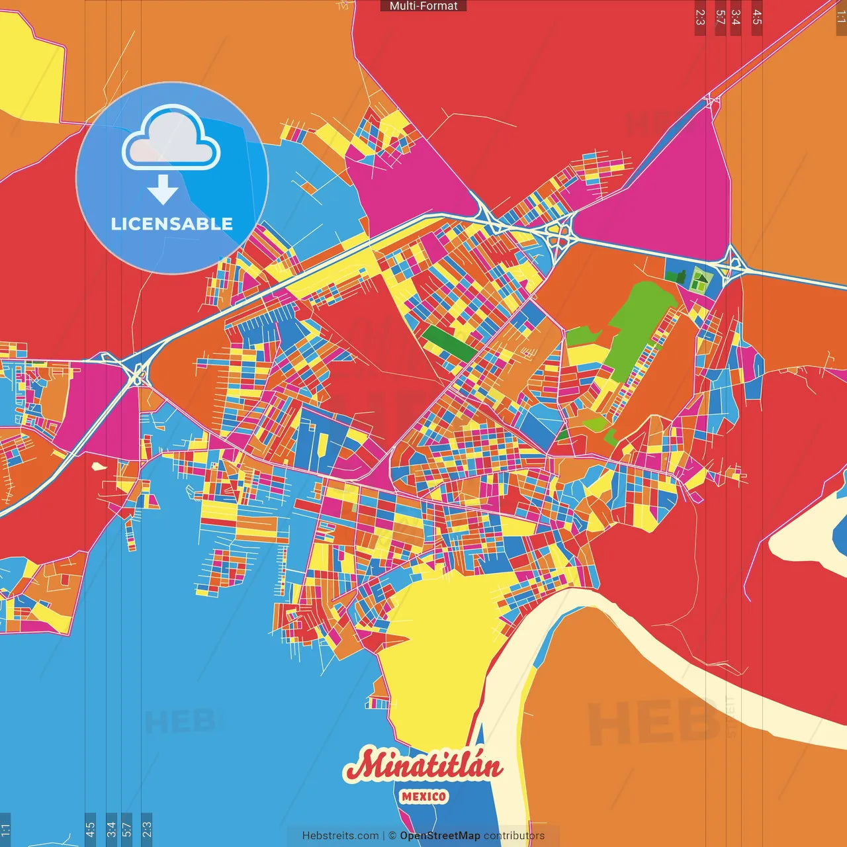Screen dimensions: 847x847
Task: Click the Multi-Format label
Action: click(x=423, y=6)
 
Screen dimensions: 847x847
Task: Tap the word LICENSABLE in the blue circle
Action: click(x=171, y=224)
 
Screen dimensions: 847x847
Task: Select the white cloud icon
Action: click(x=171, y=138)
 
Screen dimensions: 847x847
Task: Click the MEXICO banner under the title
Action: click(x=423, y=797)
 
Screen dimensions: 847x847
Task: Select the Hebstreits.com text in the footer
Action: click(x=340, y=836)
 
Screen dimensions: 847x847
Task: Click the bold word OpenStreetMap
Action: click(x=439, y=836)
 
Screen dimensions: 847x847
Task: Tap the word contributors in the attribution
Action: click(x=514, y=836)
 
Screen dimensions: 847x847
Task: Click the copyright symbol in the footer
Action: click(x=392, y=836)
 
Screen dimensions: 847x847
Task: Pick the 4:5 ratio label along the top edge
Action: click(x=757, y=17)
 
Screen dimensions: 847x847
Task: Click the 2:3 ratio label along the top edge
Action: click(x=700, y=17)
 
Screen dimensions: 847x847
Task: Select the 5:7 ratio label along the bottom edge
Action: click(x=126, y=829)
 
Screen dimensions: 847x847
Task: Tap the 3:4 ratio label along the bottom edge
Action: click(x=111, y=829)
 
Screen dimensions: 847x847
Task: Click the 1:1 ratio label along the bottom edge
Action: click(x=5, y=829)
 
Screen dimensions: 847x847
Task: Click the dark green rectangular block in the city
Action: click(x=448, y=343)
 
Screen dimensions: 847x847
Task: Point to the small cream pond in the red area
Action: click(x=99, y=466)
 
